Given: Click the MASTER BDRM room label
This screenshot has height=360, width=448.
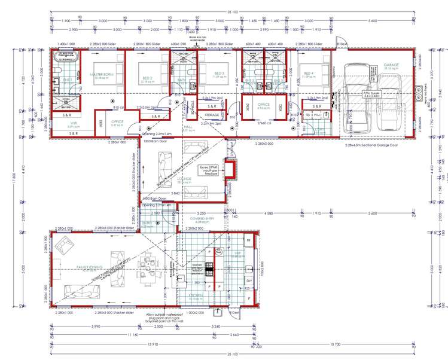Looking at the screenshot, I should click(101, 75).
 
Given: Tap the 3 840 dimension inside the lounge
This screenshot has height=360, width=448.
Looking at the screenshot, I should click(176, 193).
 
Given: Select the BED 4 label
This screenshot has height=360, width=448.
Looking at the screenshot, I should click(308, 73).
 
